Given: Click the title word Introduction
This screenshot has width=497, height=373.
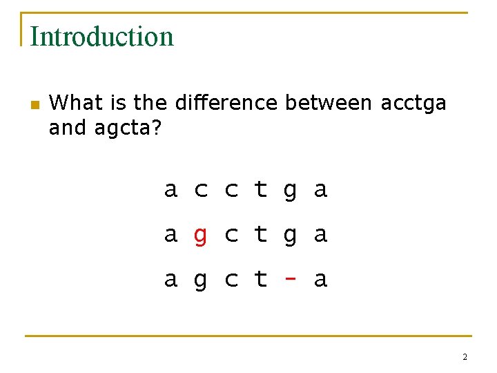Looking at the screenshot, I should coord(101,37).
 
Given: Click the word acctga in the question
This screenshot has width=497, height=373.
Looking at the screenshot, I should coord(413,103).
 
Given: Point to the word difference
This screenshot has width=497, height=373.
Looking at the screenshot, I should coord(226,103).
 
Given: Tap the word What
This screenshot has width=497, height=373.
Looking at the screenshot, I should coord(73,103).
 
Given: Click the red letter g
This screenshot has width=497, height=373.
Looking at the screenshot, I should coord(200,236).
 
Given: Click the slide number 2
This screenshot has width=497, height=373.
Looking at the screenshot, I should coord(465,357).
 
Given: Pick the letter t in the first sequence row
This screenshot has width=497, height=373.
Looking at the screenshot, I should coord(260,189).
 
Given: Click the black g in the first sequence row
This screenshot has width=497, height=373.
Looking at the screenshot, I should coord(291,191).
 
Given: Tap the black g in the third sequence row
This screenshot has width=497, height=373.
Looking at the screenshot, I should coord(200,280).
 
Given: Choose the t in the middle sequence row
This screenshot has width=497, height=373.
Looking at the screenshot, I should coord(260,234).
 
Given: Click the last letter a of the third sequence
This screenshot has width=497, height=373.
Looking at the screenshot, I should coord(320,280).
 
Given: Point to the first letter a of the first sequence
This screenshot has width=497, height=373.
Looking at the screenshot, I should coord(170,190).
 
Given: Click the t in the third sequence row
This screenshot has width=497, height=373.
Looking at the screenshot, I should coord(260,278).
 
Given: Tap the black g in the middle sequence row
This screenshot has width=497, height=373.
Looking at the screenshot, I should coord(291,236).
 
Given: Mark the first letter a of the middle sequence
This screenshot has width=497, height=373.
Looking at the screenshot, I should coord(170,236).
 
